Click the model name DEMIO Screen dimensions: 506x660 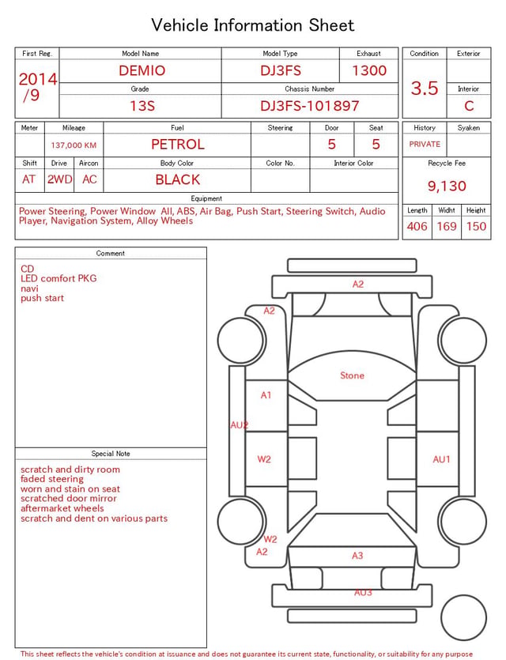(142, 70)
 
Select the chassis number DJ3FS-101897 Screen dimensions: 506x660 (310, 106)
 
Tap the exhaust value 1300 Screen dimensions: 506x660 (369, 70)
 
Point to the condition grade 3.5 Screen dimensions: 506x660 (425, 89)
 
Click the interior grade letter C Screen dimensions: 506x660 (469, 106)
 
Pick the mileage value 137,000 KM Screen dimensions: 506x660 (74, 145)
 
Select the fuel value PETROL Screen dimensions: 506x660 (178, 145)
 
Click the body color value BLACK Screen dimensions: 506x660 (178, 179)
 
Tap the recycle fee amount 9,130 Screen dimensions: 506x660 (447, 186)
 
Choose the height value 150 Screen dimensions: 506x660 (476, 226)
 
